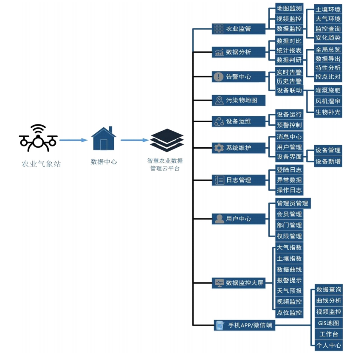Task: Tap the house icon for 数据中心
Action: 104,138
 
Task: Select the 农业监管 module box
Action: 238,29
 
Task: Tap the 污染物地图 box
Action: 238,100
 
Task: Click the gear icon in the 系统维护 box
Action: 219,148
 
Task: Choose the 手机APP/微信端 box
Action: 244,326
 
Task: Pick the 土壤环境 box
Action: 328,9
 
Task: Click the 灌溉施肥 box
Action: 328,90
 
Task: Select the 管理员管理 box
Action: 292,203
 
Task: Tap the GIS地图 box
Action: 328,323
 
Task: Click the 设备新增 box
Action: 328,161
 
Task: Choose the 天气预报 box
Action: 289,291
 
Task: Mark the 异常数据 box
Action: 289,180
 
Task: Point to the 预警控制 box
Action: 289,125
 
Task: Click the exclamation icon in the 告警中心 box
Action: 219,77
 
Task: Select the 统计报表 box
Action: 289,51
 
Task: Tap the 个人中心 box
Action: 328,345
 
